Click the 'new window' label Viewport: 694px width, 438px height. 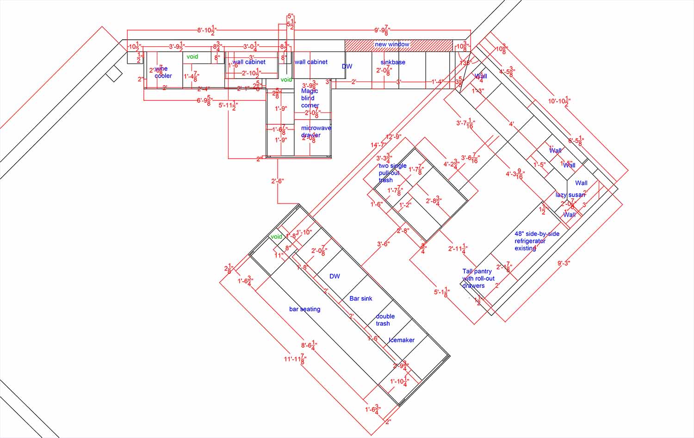(x=392, y=44)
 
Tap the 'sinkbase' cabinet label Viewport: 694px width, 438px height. (x=393, y=62)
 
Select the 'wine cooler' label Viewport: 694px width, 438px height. (x=162, y=72)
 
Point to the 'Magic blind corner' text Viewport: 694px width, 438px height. (x=310, y=98)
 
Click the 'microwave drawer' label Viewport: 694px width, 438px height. (x=316, y=131)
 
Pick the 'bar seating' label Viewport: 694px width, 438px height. (x=304, y=309)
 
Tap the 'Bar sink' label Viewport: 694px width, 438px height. (x=360, y=298)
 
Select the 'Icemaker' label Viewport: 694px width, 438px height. (x=402, y=340)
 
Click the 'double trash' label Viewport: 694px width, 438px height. (x=384, y=320)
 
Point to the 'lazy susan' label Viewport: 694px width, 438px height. (x=570, y=195)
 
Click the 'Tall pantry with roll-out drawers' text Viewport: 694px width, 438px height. (x=478, y=278)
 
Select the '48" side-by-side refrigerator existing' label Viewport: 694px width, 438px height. (x=536, y=241)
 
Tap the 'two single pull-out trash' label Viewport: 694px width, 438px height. (x=392, y=173)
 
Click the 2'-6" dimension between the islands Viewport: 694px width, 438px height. (x=277, y=181)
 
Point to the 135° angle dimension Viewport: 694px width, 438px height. (x=465, y=62)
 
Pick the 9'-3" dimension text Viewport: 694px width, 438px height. (x=564, y=263)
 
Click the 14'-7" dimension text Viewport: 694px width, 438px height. (x=378, y=145)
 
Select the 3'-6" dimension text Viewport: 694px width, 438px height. (x=383, y=244)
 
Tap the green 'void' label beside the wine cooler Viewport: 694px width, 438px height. (x=192, y=56)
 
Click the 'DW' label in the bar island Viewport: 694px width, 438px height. (x=335, y=276)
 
